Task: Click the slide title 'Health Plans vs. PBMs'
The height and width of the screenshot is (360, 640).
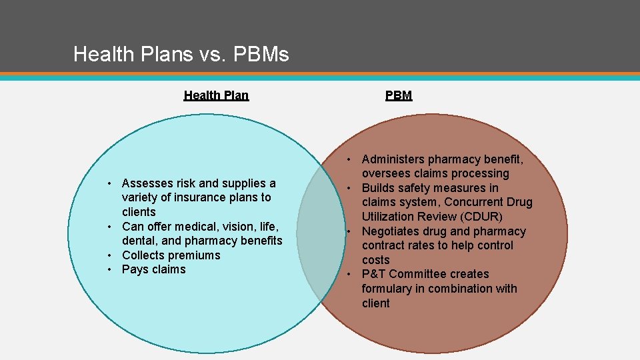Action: pyautogui.click(x=181, y=54)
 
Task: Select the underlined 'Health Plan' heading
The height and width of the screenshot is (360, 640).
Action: pyautogui.click(x=216, y=95)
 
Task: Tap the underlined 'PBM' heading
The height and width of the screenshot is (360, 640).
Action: pyautogui.click(x=399, y=95)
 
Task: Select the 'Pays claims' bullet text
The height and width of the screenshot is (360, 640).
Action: pyautogui.click(x=154, y=269)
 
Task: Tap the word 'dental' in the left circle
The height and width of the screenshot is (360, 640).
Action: pyautogui.click(x=139, y=241)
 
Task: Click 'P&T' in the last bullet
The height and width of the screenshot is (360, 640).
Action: pyautogui.click(x=374, y=274)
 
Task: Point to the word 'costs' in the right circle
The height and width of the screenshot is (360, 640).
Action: pyautogui.click(x=376, y=260)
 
